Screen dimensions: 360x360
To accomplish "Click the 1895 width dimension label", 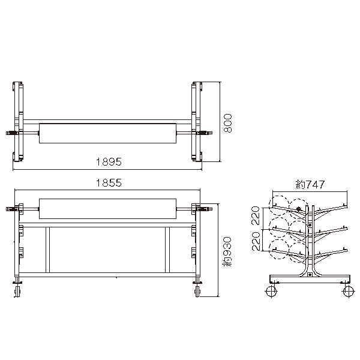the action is pyautogui.click(x=109, y=162).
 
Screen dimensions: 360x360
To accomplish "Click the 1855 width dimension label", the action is pyautogui.click(x=109, y=183).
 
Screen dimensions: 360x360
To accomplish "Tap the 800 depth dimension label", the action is pyautogui.click(x=228, y=123).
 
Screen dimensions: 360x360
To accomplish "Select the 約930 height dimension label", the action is pyautogui.click(x=227, y=252).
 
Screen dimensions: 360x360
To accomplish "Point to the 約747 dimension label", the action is pyautogui.click(x=310, y=184).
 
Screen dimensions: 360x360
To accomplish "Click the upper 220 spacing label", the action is pyautogui.click(x=256, y=215).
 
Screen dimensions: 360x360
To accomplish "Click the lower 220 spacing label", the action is pyautogui.click(x=256, y=241).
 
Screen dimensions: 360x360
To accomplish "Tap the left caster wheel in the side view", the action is pyautogui.click(x=271, y=292).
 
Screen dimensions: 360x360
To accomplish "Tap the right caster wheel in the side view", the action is pyautogui.click(x=348, y=292).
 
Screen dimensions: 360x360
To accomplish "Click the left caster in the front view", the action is pyautogui.click(x=17, y=289).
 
